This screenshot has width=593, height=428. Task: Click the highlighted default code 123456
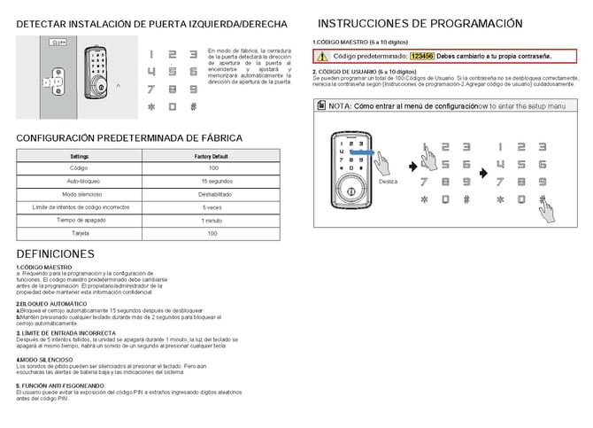coord(422,56)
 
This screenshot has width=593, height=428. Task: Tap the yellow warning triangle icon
coord(321,56)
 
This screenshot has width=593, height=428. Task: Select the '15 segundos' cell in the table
coord(212,181)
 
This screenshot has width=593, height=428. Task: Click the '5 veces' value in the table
coord(212,207)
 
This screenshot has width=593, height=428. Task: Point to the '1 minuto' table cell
coord(212,220)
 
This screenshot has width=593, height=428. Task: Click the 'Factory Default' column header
coord(212,155)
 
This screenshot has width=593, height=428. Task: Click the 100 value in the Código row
coord(212,167)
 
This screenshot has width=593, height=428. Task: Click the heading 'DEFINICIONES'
coord(55,254)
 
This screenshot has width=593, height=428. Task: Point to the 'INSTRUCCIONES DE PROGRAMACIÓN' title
coord(420,24)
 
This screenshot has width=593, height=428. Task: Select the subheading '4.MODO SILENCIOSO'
coord(45,360)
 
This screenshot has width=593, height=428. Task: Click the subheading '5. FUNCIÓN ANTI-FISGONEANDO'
coord(60,386)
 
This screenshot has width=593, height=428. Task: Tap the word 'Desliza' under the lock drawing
coord(388,181)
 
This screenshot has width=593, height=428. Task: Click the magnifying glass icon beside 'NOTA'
coord(321,105)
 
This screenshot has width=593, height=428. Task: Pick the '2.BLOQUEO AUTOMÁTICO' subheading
coord(50,304)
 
